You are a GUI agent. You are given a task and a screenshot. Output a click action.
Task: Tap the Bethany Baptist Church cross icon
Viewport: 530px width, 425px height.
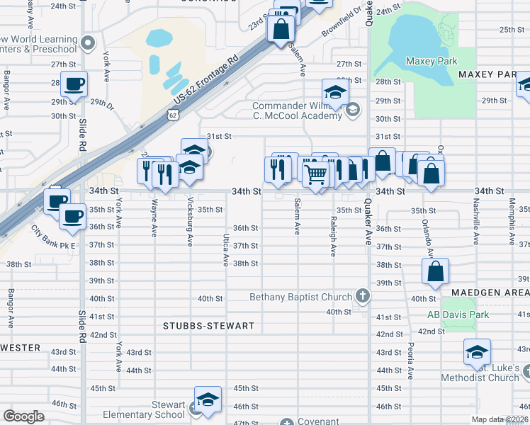362,296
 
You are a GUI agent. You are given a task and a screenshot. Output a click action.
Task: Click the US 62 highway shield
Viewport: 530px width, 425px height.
174,114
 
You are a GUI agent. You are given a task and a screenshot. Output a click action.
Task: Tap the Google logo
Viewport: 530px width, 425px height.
23,416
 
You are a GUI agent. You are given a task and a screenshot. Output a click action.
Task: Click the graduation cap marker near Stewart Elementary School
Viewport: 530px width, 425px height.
208,400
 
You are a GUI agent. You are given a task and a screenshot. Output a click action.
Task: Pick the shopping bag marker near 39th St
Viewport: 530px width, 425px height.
435,271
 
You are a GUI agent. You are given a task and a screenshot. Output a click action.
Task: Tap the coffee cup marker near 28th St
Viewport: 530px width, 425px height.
74,84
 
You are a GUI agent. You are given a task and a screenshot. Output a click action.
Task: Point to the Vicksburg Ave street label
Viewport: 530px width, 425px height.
190,227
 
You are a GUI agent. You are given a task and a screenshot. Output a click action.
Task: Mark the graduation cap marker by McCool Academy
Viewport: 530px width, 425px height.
335,92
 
